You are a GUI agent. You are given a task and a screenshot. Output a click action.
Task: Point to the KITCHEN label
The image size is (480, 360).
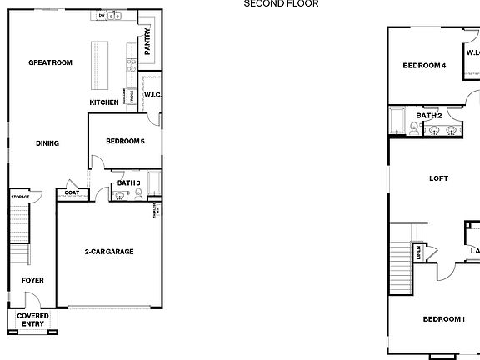coord(104,102)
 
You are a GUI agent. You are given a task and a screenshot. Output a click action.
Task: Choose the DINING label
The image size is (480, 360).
coord(47,143)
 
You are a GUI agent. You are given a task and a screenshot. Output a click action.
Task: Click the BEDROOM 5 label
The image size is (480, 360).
coord(125,142)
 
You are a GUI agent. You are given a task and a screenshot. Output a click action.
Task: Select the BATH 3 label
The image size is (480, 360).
coord(127,183)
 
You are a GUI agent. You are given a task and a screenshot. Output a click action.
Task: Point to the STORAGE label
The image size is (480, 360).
coord(20,197)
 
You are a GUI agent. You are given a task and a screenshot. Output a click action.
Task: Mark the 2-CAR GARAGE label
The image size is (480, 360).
coord(109,252)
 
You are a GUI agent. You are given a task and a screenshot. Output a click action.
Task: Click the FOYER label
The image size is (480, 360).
coord(32,280)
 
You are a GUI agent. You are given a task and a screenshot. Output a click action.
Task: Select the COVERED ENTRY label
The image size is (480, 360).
coord(33,320)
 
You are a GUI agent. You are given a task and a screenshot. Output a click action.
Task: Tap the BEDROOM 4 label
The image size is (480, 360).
coord(424,66)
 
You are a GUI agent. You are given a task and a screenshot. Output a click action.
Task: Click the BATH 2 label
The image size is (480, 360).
coord(428,116)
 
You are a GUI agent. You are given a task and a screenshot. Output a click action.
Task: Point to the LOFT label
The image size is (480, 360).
coord(438,178)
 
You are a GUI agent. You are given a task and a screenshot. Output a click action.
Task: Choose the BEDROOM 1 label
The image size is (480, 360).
coord(443,319)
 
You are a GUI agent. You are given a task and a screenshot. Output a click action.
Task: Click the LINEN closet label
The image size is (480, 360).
coord(418,252)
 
